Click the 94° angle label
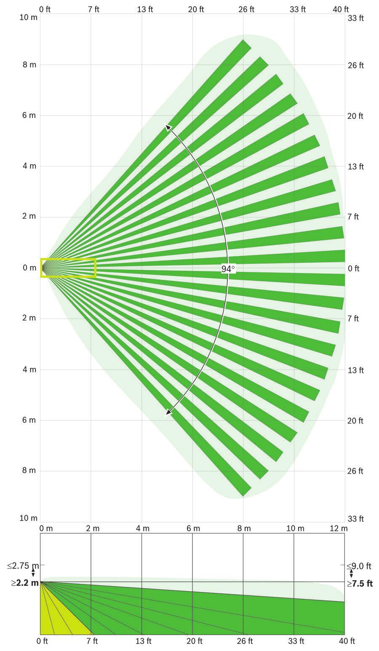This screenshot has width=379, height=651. (x=228, y=268)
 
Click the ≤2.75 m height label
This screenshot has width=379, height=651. (x=23, y=565)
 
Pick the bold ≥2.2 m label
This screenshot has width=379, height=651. (x=24, y=583)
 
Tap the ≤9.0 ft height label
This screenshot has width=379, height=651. (x=359, y=566)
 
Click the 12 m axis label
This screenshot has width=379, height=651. (x=339, y=528)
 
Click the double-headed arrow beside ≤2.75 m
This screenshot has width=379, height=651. (x=33, y=574)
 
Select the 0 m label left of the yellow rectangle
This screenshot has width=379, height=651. (x=29, y=268)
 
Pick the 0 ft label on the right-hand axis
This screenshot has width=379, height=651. (x=353, y=268)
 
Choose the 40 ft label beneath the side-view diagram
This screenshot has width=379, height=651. (x=347, y=641)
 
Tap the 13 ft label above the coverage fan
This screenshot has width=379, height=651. (x=144, y=9)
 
